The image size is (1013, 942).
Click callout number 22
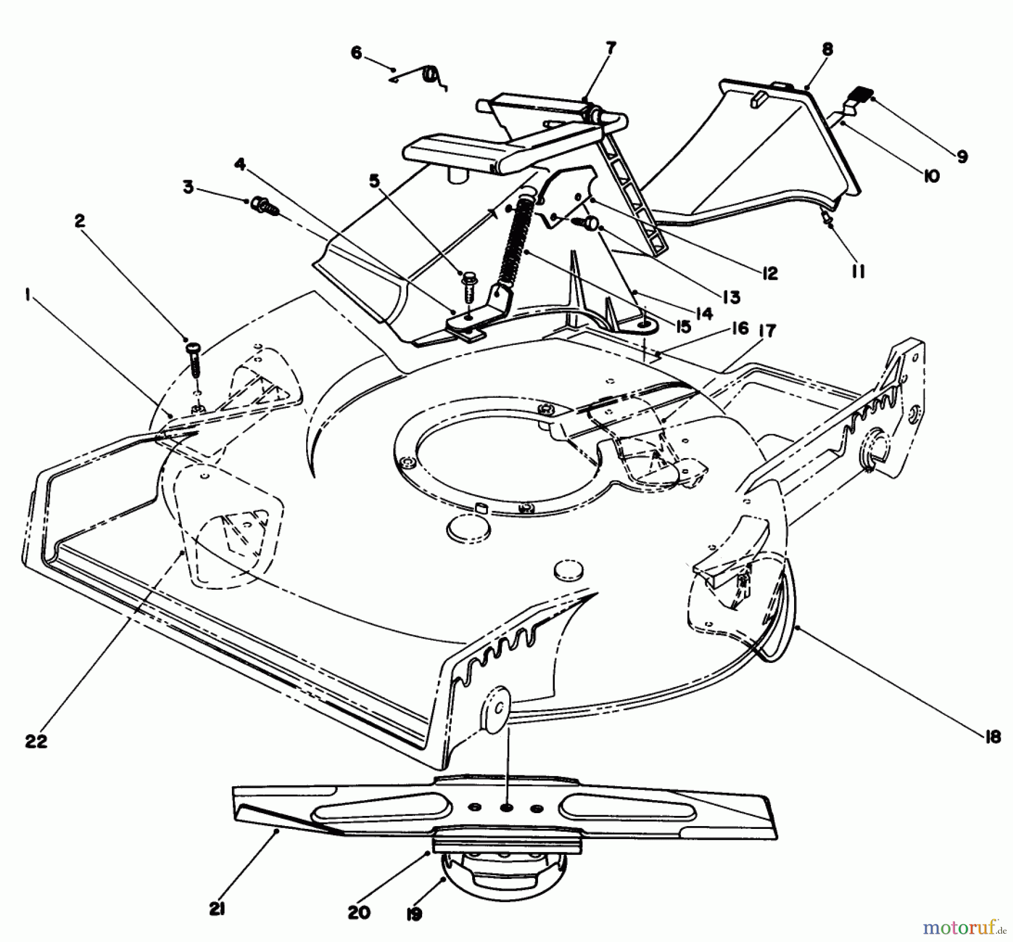coord(36,742)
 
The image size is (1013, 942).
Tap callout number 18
coord(993,737)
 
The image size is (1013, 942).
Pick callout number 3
coord(188,187)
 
